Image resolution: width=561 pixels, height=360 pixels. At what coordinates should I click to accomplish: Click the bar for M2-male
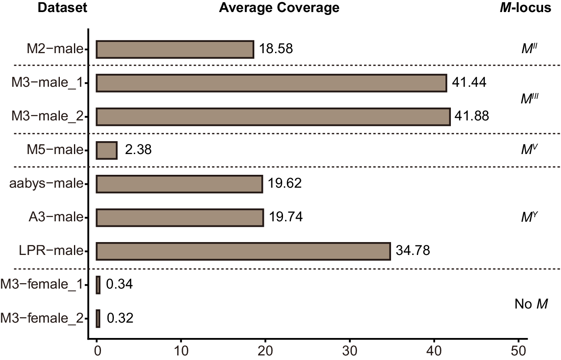(175, 49)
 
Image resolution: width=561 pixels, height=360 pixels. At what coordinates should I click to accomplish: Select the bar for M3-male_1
(271, 83)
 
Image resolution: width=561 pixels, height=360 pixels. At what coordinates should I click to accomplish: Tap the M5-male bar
(107, 150)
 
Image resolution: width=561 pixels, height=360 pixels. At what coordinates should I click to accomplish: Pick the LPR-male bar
(243, 251)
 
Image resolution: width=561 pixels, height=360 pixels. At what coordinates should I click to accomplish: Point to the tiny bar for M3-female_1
(98, 285)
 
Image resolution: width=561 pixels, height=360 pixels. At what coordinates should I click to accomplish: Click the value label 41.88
(472, 117)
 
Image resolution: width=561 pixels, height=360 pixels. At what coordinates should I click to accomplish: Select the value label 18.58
(276, 49)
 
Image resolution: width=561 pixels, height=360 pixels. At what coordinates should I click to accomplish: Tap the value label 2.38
(138, 150)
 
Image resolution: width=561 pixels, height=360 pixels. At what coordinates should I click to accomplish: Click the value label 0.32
(120, 318)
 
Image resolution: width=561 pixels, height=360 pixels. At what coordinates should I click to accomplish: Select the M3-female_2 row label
(42, 318)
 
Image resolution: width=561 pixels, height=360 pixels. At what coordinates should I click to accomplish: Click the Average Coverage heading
(279, 8)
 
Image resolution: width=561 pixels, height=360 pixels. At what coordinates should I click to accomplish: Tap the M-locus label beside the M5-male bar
(529, 149)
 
